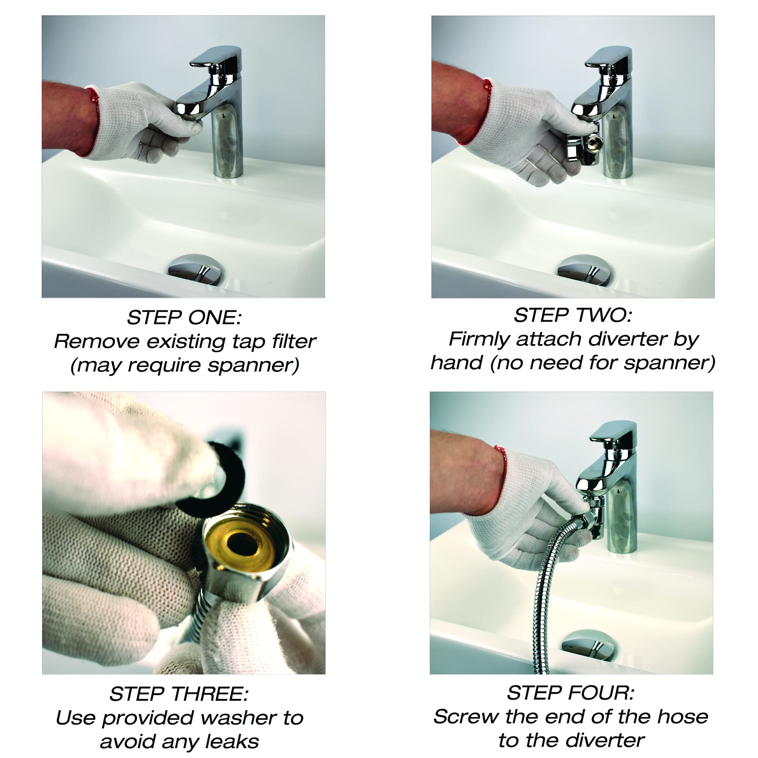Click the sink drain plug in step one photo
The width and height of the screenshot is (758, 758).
pos(195,269)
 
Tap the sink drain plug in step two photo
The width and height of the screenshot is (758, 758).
pos(584,270)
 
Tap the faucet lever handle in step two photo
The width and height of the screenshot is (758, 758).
pos(609,58)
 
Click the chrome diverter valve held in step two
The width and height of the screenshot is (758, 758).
pos(583,143)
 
